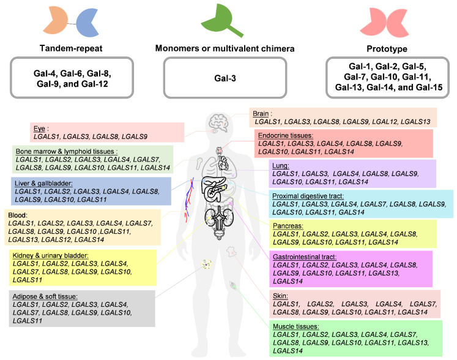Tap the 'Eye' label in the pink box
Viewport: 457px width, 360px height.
pos(41,128)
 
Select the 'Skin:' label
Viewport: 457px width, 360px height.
pos(281,296)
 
